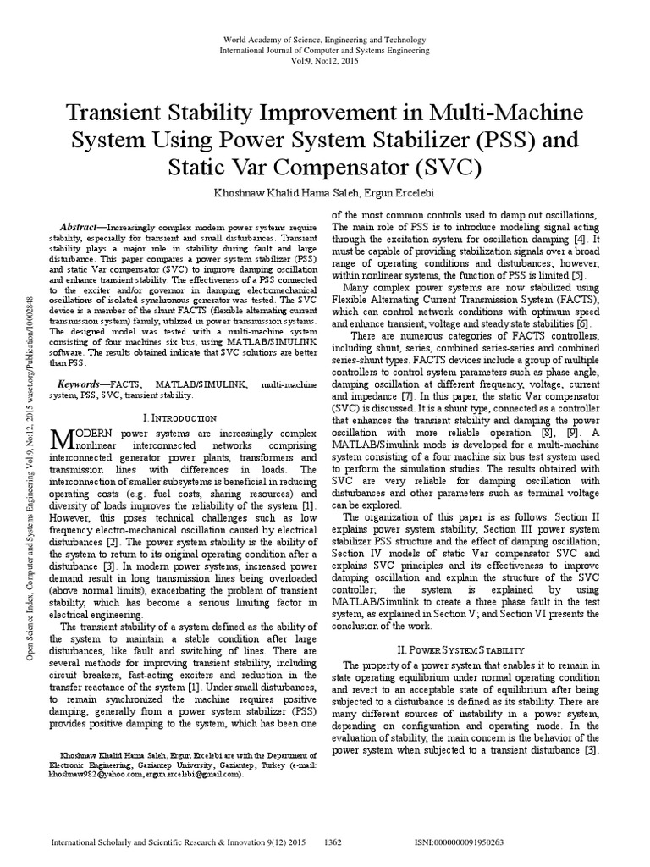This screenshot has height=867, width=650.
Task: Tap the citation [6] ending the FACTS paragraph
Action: [x=582, y=323]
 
